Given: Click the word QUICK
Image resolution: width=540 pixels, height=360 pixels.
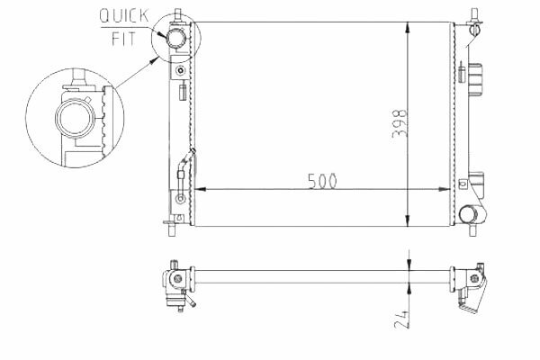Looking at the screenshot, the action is [124, 16].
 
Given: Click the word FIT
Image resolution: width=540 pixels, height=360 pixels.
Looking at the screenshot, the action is [123, 39].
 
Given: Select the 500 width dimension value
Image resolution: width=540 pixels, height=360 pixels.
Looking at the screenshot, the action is [322, 181].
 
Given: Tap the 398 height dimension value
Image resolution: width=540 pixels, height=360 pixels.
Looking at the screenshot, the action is [400, 123].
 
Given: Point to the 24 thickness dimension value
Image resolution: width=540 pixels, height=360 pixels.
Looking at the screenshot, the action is [401, 319].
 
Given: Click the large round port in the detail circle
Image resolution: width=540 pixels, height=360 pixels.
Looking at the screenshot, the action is [74, 118].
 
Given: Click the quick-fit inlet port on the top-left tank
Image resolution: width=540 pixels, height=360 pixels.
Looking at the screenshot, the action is [175, 37].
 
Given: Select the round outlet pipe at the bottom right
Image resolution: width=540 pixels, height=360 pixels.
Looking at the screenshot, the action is [468, 214].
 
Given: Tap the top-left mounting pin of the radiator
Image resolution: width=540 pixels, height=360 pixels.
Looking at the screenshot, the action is [178, 15].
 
